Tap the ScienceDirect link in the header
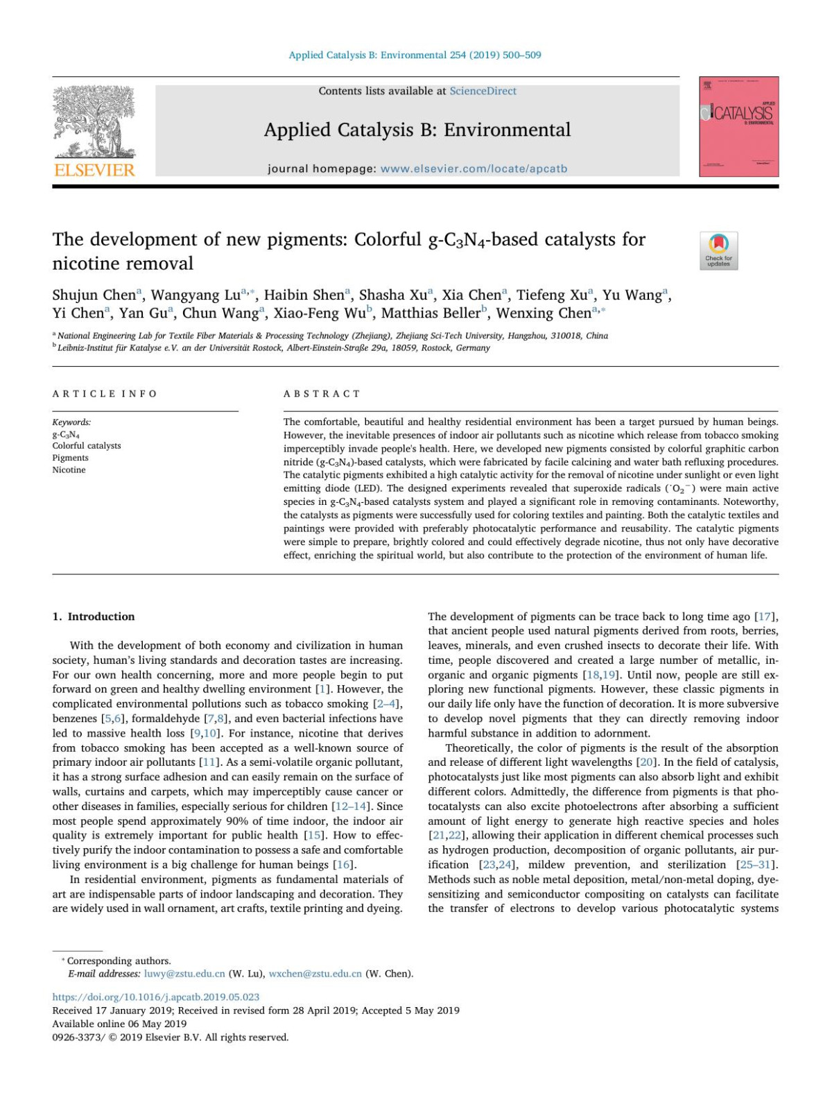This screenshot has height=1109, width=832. (483, 91)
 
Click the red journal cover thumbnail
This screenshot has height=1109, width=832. (738, 126)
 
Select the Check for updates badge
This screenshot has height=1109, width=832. (718, 250)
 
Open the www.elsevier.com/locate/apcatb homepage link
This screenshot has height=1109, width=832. (474, 169)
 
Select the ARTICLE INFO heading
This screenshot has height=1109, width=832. (105, 394)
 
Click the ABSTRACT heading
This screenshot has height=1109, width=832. (322, 394)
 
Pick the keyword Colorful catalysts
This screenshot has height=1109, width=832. (87, 446)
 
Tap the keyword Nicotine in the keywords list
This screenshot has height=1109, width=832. (69, 470)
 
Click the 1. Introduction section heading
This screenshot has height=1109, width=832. (94, 617)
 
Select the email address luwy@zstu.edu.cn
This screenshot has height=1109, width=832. (184, 974)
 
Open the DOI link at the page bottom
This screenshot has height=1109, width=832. (156, 997)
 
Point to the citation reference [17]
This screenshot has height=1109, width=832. (765, 617)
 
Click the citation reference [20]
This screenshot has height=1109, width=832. (646, 762)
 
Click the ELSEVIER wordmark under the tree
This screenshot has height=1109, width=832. (94, 171)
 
